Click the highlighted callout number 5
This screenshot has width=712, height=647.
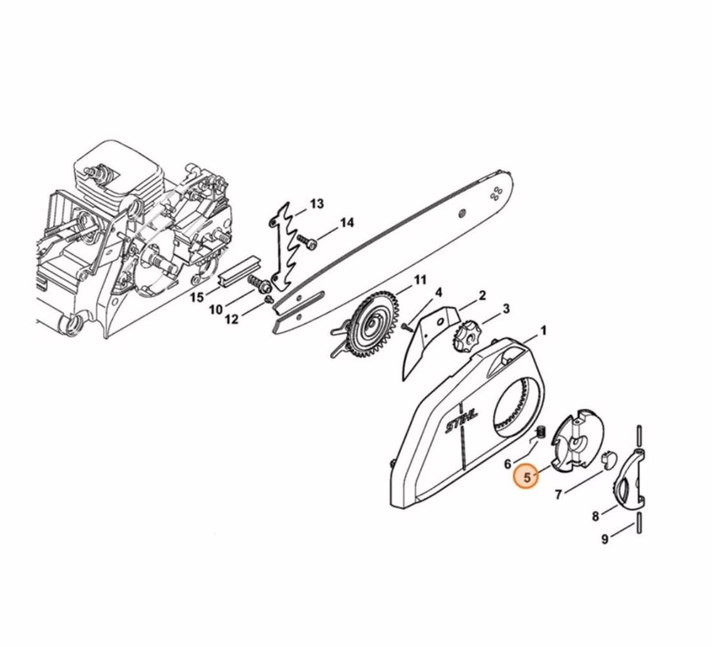click(x=527, y=477)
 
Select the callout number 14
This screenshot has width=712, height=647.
click(x=346, y=223)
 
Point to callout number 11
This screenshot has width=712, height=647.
click(x=419, y=280)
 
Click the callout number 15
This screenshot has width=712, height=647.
click(x=197, y=298)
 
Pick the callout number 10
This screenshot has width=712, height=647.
click(x=216, y=310)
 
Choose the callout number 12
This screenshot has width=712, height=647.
click(x=231, y=319)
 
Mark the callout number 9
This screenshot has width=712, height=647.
click(x=605, y=539)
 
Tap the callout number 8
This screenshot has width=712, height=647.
click(x=595, y=516)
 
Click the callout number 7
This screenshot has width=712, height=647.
click(x=559, y=494)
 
